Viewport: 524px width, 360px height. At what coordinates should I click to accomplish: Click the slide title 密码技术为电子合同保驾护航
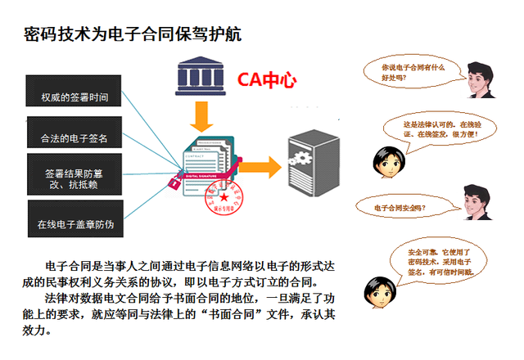133,35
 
